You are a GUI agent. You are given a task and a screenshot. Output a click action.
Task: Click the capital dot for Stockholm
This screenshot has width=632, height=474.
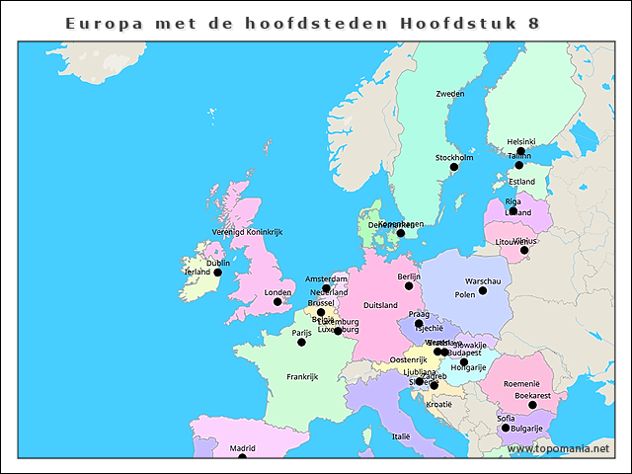click(x=454, y=167)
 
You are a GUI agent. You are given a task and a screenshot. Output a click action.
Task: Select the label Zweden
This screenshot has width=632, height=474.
click(x=449, y=94)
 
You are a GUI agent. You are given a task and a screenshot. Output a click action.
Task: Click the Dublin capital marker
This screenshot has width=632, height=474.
click(x=218, y=273)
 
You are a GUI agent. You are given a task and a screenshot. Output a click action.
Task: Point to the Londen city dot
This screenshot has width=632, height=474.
click(x=277, y=301)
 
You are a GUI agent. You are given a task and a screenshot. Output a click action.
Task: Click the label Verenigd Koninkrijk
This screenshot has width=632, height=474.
click(x=247, y=232)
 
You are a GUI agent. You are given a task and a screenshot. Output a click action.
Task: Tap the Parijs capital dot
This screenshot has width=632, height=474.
click(x=301, y=342)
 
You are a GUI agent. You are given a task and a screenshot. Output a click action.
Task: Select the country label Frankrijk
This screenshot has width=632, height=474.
click(x=302, y=376)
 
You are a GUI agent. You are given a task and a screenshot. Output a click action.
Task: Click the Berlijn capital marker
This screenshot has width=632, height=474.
click(x=409, y=285)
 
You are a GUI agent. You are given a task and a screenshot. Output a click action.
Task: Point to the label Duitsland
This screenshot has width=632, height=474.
click(x=380, y=306)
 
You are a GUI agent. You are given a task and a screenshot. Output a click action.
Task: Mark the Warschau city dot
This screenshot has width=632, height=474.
click(x=483, y=290)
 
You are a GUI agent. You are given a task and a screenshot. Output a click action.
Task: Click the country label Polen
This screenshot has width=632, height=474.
click(x=464, y=294)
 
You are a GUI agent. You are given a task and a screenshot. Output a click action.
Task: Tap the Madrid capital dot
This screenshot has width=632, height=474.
click(x=242, y=457)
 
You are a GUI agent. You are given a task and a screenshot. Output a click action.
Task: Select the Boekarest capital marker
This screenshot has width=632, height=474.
click(x=532, y=405)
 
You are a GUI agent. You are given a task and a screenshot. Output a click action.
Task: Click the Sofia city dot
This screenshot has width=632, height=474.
click(x=506, y=428)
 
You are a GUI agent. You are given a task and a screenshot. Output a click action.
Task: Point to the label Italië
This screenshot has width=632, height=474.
click(x=401, y=435)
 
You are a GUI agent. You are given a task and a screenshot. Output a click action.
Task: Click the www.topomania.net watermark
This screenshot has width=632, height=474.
click(x=558, y=448)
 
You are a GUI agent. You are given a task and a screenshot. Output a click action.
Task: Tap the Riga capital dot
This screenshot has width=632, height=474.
click(x=513, y=210)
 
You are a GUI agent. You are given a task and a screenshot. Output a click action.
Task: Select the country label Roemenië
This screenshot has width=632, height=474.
click(x=521, y=383)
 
